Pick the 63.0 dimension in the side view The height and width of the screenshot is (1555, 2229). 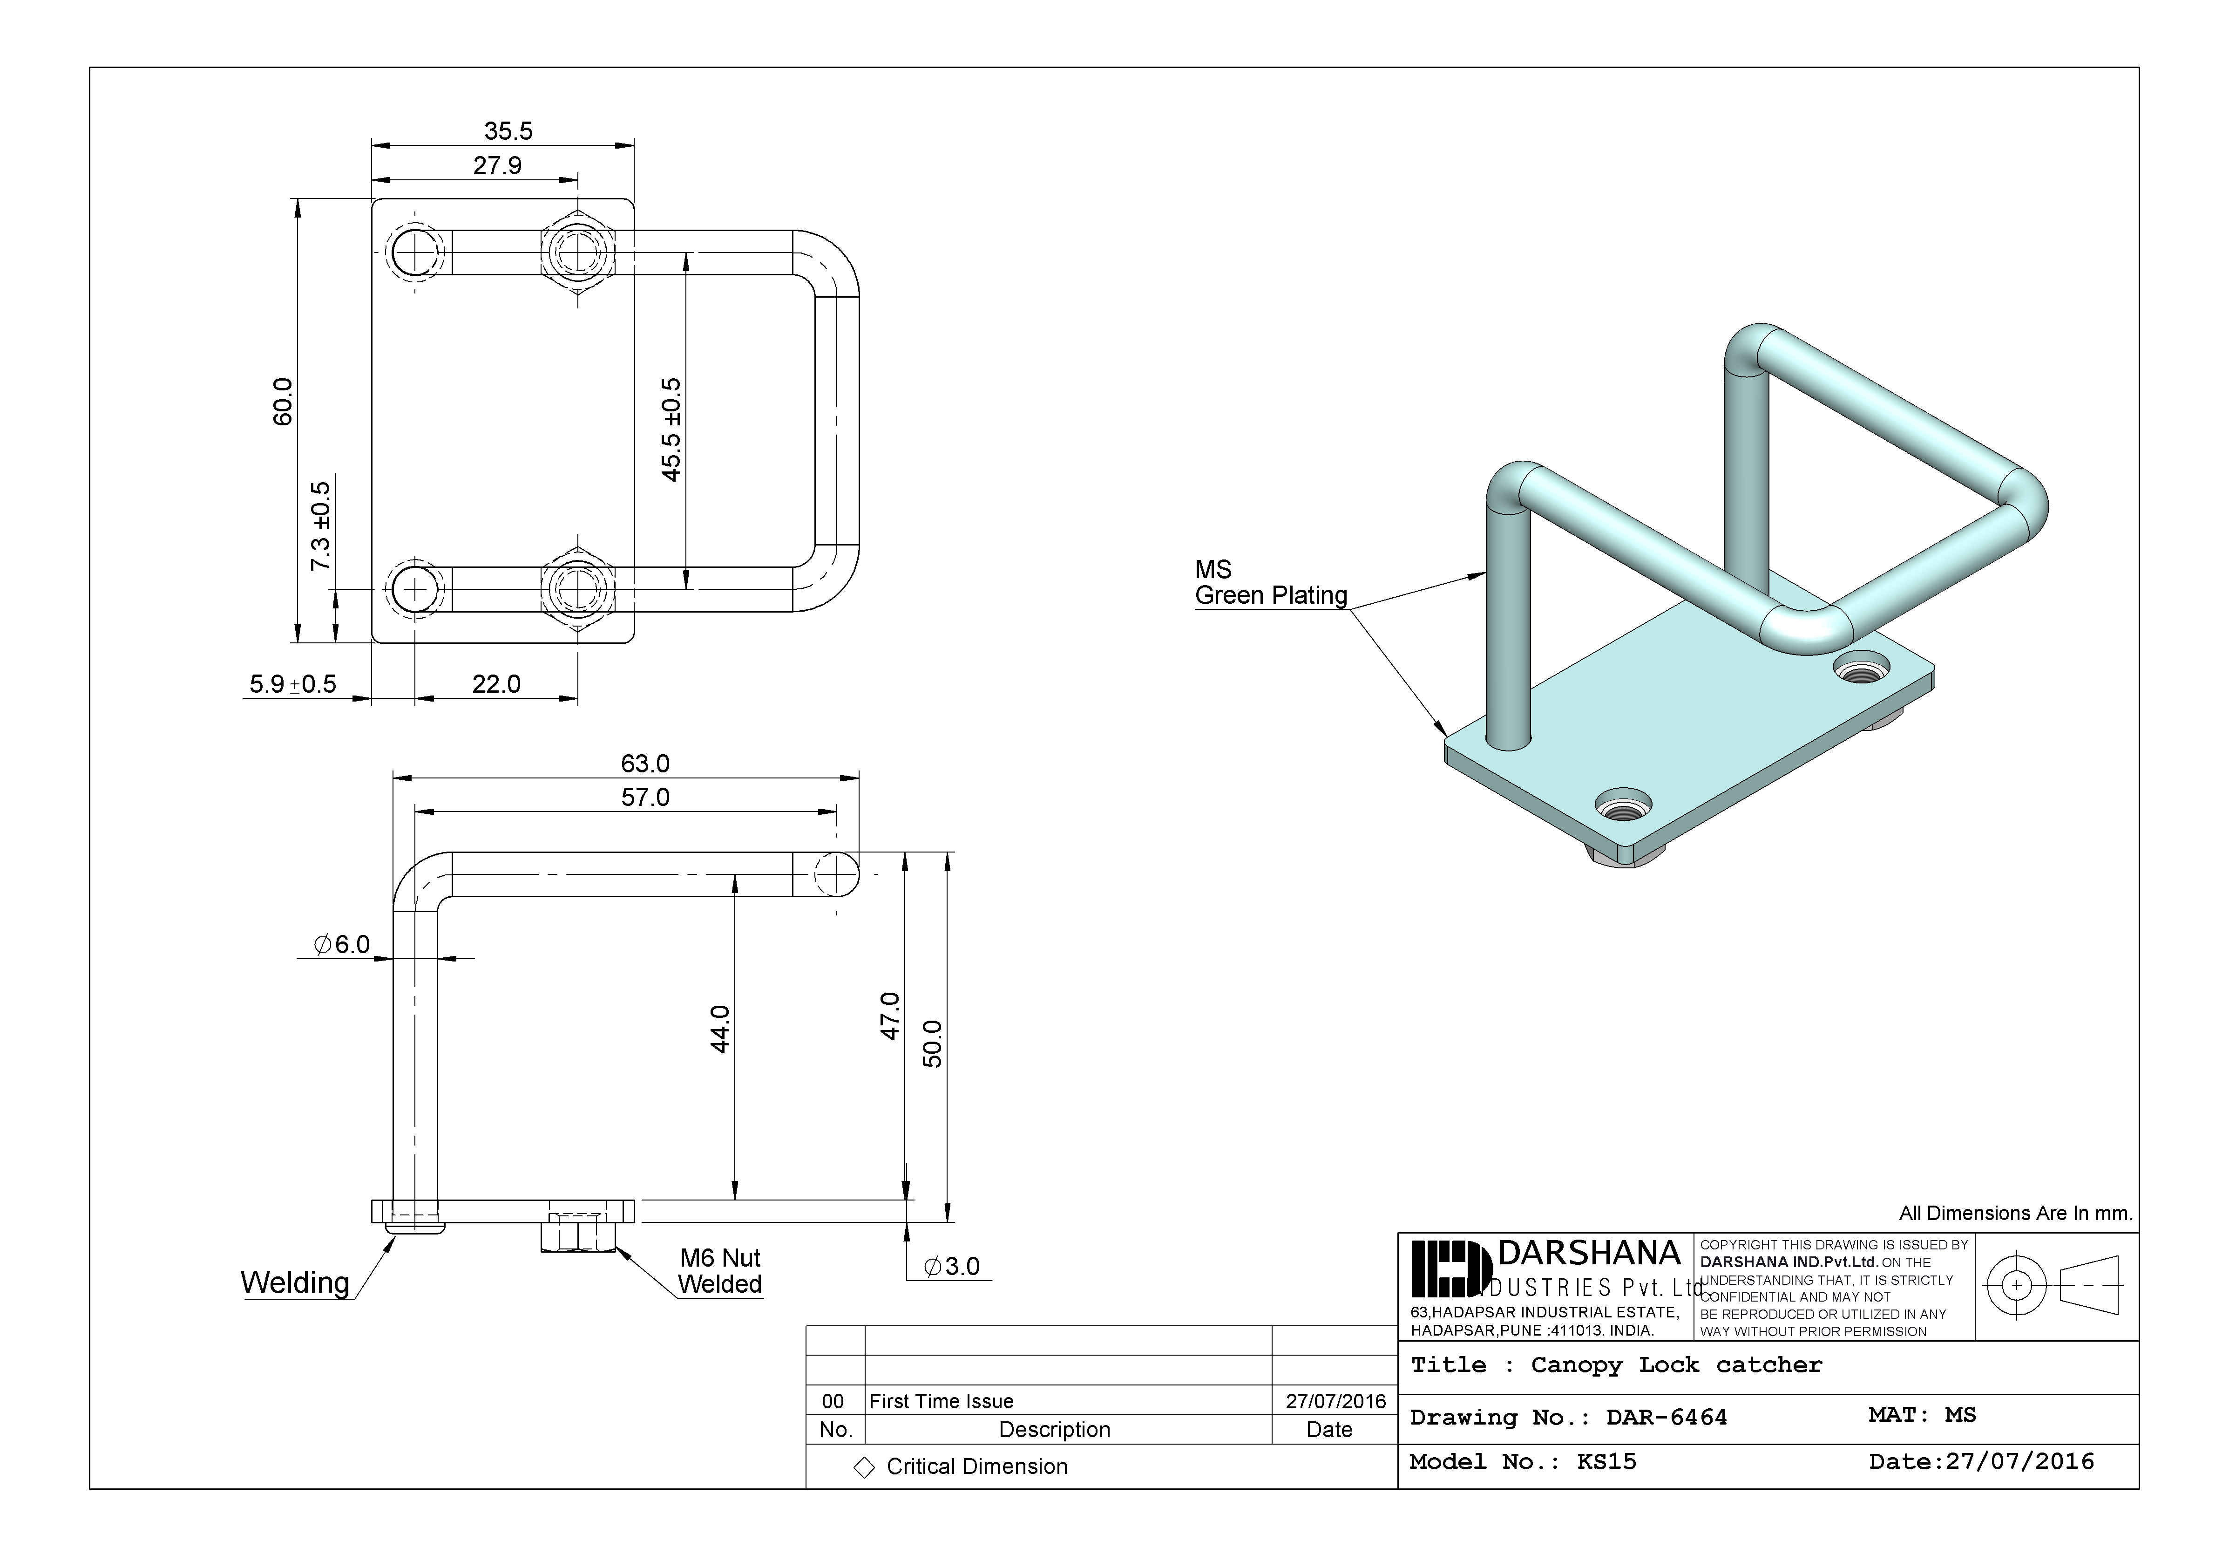pyautogui.click(x=644, y=764)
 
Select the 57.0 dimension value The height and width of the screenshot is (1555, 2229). pyautogui.click(x=644, y=798)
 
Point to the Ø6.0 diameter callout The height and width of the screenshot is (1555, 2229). pyautogui.click(x=342, y=944)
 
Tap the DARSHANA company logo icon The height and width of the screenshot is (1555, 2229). pyautogui.click(x=1450, y=1269)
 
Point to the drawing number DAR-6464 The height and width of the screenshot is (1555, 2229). pyautogui.click(x=1666, y=1417)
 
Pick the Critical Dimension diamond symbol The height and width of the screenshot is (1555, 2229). pyautogui.click(x=863, y=1467)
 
